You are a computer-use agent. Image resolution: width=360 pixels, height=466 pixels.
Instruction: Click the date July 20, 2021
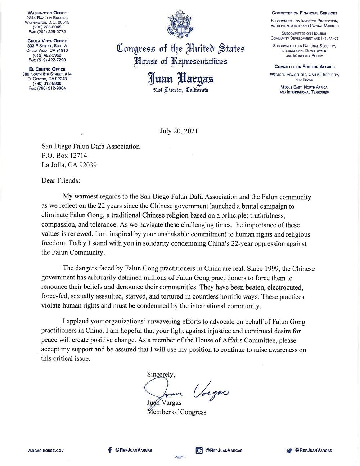point(179,131)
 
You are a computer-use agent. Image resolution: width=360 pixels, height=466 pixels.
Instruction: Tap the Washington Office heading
point(47,13)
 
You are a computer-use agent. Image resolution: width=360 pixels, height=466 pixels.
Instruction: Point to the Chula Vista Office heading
point(47,41)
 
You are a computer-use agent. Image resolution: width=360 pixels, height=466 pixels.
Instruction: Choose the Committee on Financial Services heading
point(305,13)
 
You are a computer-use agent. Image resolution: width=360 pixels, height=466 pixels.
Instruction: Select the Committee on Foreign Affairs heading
point(305,67)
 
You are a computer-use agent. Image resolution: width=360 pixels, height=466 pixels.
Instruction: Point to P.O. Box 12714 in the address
point(64,156)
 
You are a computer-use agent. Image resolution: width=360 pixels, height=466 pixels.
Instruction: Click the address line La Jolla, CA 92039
point(69,165)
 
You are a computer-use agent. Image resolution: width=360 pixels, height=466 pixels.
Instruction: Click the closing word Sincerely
point(161,374)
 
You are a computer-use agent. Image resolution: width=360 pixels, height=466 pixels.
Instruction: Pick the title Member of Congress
point(177,412)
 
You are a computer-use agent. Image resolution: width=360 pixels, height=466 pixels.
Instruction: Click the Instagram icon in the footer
point(199,450)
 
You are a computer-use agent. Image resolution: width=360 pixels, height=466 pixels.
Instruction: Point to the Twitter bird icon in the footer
point(289,451)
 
